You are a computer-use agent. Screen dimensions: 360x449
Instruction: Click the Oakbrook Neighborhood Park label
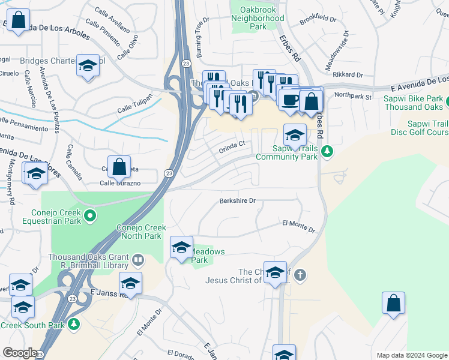point(258,18)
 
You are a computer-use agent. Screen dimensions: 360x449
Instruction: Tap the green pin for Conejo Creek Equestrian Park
point(91,214)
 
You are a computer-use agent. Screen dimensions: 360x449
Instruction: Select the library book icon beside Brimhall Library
point(138,260)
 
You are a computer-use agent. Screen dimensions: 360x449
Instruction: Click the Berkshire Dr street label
point(238,201)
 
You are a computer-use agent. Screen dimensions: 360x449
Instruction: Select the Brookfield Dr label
point(318,20)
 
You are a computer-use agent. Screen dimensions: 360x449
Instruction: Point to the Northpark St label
point(354,95)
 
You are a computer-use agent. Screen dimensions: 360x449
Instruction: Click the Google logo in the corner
point(20,353)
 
